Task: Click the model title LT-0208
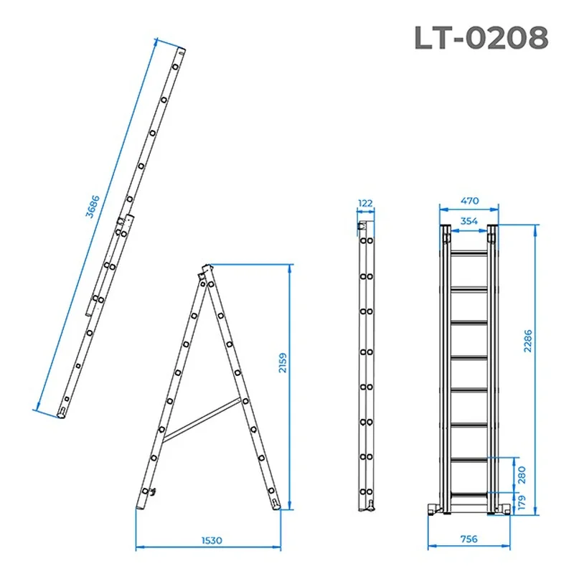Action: (481, 37)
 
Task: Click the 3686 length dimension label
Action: (93, 207)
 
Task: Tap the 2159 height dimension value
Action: (283, 363)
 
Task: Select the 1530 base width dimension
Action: (212, 540)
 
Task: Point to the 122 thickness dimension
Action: (365, 203)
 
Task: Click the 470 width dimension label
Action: (469, 201)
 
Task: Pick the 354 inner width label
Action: (469, 221)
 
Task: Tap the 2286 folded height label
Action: (527, 341)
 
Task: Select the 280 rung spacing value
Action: (522, 475)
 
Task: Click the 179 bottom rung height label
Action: (522, 502)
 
